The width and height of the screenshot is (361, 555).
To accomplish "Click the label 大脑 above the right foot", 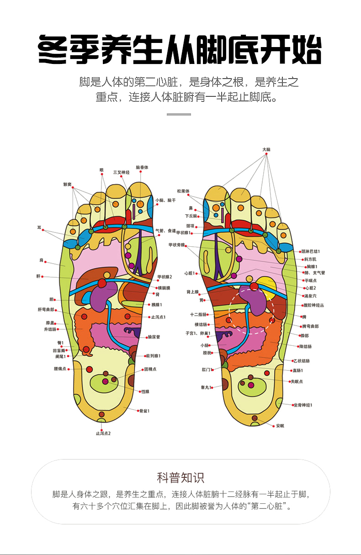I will [x=266, y=149].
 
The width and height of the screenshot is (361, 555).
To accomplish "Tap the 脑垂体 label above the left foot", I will [x=142, y=168].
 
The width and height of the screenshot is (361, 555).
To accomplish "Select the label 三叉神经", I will [x=122, y=172].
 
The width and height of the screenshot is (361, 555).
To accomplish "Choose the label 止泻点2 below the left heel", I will [x=103, y=433].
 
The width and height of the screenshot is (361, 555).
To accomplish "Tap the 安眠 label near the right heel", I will [x=280, y=426].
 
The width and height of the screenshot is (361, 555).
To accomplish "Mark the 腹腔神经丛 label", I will [x=314, y=305].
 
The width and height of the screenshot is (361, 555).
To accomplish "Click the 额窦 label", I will [x=68, y=185].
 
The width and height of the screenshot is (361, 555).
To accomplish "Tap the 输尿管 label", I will [x=154, y=337].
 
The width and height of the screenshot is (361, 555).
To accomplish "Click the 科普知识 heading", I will [x=180, y=478].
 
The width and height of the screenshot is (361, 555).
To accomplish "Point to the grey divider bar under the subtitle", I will [x=179, y=114].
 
